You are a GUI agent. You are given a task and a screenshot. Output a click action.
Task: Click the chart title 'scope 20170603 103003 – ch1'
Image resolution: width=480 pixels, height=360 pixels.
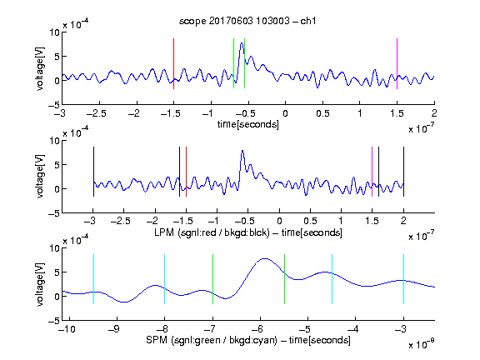247,21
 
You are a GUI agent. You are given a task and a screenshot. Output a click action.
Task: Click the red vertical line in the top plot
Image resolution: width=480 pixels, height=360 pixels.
173,63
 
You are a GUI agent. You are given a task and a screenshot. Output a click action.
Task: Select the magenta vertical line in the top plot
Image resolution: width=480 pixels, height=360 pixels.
397,63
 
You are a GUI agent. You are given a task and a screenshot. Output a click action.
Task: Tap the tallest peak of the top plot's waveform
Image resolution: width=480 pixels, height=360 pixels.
242,43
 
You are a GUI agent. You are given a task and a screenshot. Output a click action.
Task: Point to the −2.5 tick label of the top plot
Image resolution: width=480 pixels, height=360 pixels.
97,113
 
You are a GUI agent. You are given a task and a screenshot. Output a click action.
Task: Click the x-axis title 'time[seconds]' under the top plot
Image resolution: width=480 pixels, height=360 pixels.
248,124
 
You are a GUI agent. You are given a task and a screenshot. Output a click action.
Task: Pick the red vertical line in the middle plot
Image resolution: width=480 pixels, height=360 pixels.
186,172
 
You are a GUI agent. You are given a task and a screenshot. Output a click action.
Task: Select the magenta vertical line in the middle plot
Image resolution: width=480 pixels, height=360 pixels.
372,172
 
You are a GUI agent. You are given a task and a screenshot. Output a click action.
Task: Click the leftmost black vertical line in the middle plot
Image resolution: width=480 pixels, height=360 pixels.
93,172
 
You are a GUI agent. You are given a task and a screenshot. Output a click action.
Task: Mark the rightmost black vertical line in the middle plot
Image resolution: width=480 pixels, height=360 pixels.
403,172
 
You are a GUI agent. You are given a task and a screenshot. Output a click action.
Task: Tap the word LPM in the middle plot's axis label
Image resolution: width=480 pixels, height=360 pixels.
164,232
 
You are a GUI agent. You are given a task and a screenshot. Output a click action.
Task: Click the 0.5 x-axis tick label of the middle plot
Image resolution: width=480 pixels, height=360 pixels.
310,221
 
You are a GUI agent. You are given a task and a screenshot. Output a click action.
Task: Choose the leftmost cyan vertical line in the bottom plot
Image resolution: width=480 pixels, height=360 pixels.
93,279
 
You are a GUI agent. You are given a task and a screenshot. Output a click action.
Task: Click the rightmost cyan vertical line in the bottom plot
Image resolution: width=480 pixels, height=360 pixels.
403,279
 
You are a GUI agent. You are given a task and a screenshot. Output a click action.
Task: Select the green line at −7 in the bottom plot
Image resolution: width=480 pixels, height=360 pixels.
212,279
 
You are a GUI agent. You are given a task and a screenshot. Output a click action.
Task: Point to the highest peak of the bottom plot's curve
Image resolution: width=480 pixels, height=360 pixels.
264,258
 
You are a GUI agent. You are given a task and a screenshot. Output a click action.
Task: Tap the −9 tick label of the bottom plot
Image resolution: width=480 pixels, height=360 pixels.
114,329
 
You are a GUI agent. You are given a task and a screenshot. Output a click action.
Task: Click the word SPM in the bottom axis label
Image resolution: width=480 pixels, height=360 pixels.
157,340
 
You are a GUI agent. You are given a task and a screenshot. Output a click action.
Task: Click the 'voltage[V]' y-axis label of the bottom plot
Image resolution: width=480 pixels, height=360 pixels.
40,284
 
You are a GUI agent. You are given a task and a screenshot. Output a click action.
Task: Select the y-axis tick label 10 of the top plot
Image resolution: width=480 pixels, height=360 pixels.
55,32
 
